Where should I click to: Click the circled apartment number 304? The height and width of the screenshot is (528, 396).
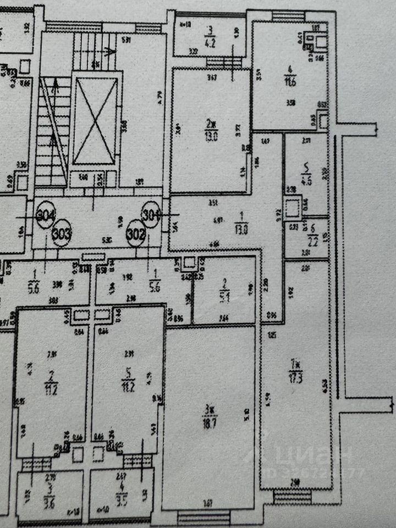click(x=46, y=216)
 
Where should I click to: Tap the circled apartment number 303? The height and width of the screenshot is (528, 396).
click(x=62, y=233)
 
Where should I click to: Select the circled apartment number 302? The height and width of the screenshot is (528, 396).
click(x=135, y=233)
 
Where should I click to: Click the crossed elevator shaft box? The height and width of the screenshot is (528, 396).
click(x=96, y=121)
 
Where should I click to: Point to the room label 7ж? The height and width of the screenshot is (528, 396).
click(x=297, y=364)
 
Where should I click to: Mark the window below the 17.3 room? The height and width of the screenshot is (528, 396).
click(x=292, y=498)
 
